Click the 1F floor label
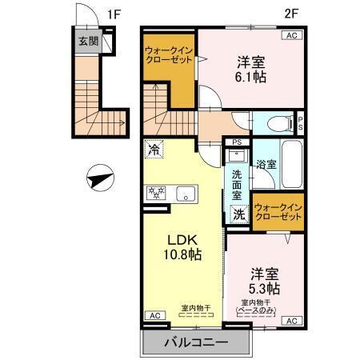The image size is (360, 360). point(115,14)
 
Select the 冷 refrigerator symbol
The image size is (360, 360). point(153,149)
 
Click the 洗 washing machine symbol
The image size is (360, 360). point(238,214)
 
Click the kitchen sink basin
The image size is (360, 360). point(186,193)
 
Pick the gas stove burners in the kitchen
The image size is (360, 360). point(154,193)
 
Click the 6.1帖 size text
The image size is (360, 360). point(252,78)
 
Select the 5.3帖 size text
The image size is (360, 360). point(262,287)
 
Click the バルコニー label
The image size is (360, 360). point(196,342)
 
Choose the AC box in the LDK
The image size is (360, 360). point(153,316)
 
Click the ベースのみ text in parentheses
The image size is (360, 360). point(262,309)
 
